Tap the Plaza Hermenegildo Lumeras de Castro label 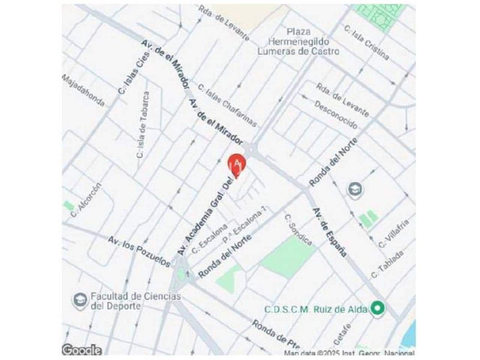[298, 42]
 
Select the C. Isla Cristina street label [367, 42]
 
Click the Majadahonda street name [83, 90]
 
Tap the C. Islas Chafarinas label [228, 106]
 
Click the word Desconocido [336, 115]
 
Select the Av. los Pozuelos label [139, 252]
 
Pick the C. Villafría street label [393, 233]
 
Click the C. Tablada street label [387, 264]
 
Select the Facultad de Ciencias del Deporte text [135, 301]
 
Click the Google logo [82, 350]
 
